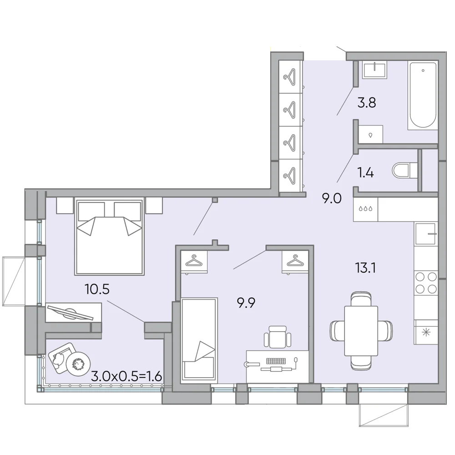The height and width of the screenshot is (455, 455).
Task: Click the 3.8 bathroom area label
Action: pos(366,103)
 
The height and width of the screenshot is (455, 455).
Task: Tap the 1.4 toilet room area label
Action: pos(365,173)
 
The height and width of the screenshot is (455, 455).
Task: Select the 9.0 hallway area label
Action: pos(332,199)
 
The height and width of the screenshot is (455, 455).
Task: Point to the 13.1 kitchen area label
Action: pos(366,268)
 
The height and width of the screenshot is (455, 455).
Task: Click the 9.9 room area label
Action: pos(246,303)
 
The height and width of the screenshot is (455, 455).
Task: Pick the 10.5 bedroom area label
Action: pos(97,289)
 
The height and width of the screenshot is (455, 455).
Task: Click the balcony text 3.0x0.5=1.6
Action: pos(126,376)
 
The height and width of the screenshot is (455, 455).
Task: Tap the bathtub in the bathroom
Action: pos(423,96)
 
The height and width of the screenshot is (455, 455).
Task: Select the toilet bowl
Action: pos(405,171)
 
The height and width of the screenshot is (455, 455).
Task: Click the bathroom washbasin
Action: pos(374,70)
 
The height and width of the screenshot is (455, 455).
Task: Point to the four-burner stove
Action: pos(426,283)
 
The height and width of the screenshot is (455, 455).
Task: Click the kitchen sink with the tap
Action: pos(426,234)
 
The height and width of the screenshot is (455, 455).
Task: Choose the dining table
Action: pos(361,331)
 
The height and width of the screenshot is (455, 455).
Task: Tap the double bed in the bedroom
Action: pos(109,236)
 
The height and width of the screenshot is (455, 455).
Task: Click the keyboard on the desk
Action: pos(276,361)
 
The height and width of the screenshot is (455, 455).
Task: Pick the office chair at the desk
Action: pos(278,337)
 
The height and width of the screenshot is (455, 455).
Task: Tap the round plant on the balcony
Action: pos(78,364)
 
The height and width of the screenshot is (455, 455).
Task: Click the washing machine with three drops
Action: pos(366,209)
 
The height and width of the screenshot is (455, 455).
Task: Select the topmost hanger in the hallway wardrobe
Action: pos(290,76)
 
